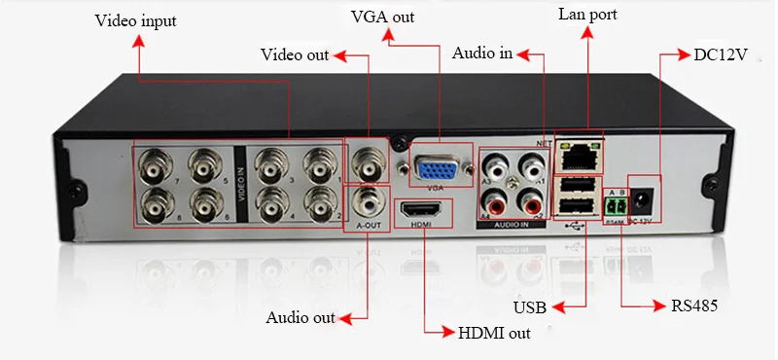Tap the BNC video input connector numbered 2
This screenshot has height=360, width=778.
click(x=318, y=203)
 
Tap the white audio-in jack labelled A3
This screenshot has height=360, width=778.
click(x=499, y=169)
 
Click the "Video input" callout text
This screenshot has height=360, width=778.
click(x=136, y=20)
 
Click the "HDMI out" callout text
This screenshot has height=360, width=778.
click(x=493, y=333)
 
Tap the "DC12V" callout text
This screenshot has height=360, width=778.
click(x=720, y=54)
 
